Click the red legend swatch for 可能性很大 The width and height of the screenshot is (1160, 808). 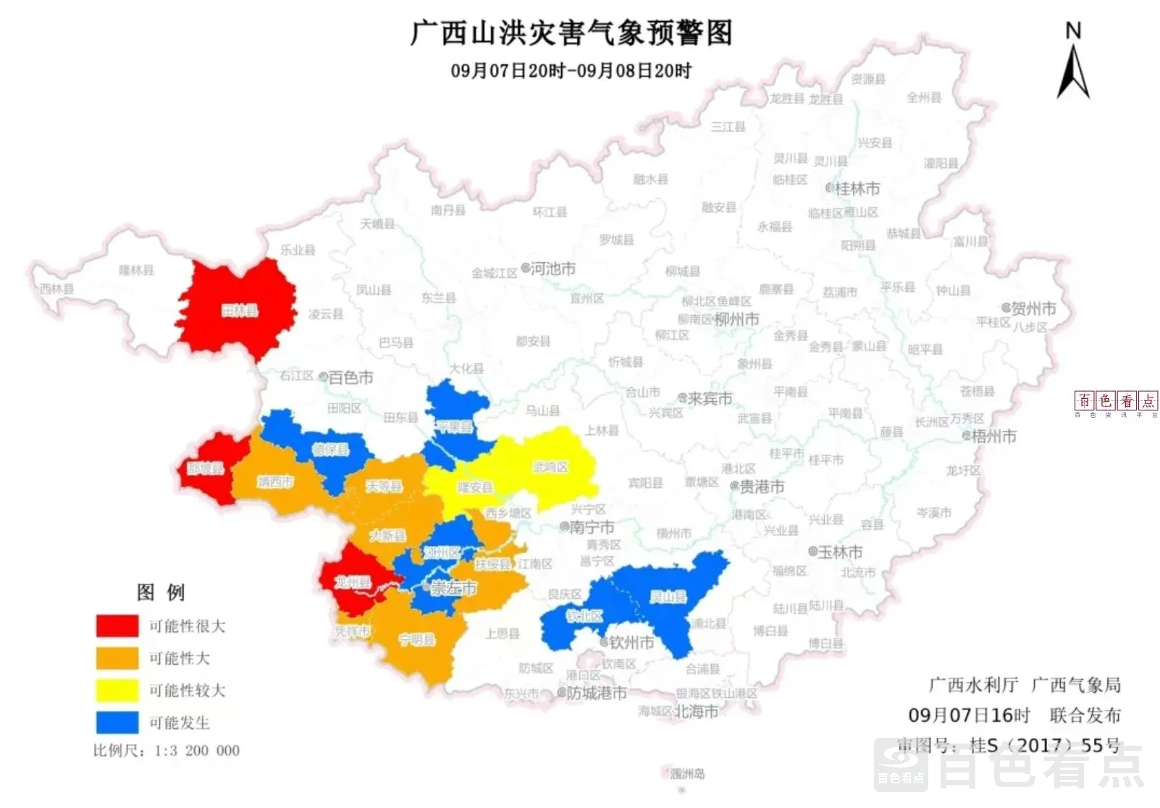coord(117,626)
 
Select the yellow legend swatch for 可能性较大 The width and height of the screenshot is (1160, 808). coord(117,690)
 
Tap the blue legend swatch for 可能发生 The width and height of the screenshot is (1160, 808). coord(117,723)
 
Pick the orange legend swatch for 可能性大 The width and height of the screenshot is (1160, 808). coord(117,658)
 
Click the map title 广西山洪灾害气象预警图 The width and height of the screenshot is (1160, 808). coord(571,33)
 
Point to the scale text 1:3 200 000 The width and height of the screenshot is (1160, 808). coord(197,751)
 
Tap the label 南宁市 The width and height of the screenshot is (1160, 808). coord(592,527)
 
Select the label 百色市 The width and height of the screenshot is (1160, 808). coord(350,377)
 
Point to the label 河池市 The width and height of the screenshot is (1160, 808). coord(552,269)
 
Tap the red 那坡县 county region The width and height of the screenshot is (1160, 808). coord(206,468)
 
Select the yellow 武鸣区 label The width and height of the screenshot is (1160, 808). coord(550,467)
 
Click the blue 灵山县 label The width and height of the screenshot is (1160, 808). coord(667,597)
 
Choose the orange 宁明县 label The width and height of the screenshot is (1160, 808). coord(417,640)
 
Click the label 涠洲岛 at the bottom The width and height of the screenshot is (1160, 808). coord(687,774)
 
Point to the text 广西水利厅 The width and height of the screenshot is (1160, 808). coord(973,685)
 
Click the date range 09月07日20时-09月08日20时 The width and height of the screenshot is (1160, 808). coord(571,71)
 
